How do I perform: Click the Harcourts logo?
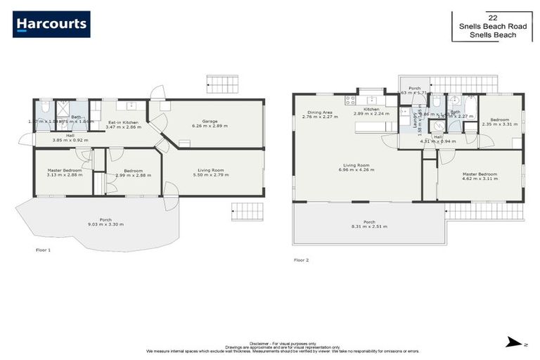[x=51, y=24]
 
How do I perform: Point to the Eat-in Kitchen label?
[x=122, y=124]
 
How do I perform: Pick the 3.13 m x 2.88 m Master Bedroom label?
[x=64, y=172]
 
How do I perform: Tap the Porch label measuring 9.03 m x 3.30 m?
[x=105, y=222]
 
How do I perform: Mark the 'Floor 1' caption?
[x=44, y=250]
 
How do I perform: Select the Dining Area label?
[x=319, y=114]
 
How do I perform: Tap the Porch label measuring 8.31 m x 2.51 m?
[x=369, y=224]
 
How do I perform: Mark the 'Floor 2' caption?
[x=301, y=260]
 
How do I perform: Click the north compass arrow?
[x=512, y=342]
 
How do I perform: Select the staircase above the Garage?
[x=223, y=85]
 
